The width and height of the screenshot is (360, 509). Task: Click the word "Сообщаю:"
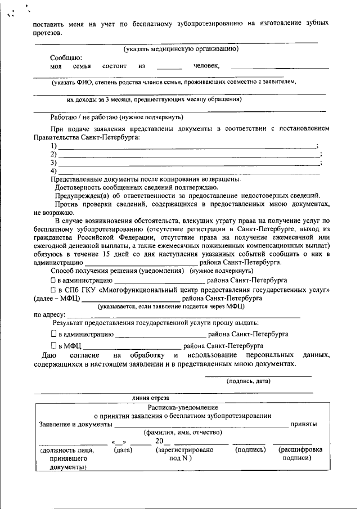click(66, 58)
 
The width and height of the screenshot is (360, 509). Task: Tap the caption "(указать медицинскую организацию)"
click(182, 49)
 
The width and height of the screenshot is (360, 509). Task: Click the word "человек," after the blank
click(206, 66)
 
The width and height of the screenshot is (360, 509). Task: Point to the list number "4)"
click(54, 170)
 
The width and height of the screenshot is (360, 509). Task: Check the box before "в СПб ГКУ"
click(53, 289)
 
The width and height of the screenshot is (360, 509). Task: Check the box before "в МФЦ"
click(53, 345)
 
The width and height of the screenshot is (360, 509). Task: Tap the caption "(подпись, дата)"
click(248, 381)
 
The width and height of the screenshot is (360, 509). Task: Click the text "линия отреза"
click(151, 398)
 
